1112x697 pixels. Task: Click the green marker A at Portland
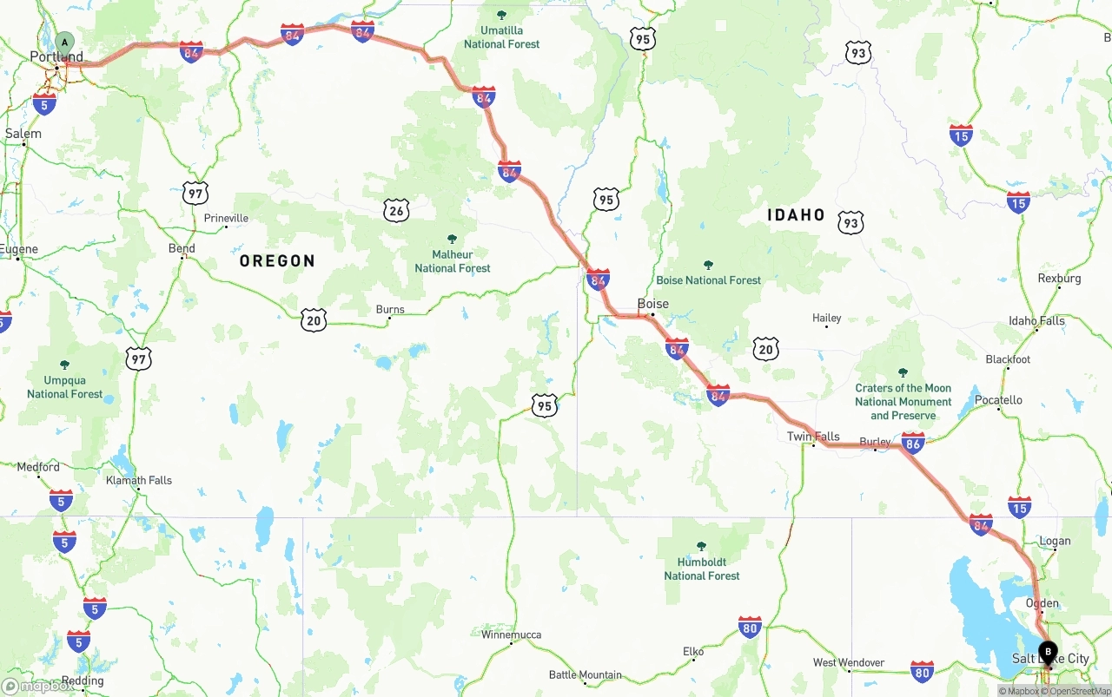(65, 42)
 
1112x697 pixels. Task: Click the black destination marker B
(1048, 651)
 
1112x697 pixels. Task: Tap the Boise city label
(653, 304)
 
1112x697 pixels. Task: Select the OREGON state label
(277, 260)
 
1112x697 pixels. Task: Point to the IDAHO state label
(796, 215)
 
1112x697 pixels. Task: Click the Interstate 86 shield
(913, 443)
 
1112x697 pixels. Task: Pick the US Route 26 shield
(396, 209)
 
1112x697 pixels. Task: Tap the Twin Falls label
(813, 437)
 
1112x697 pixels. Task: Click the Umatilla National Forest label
(501, 37)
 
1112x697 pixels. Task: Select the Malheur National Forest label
(452, 261)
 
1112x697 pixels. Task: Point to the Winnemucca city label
(511, 635)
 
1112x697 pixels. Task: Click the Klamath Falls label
(139, 480)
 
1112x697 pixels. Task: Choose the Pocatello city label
(998, 400)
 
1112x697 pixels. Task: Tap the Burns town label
(390, 310)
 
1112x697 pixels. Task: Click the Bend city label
(182, 249)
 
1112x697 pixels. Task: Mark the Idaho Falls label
(1036, 321)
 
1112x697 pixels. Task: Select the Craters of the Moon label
(903, 401)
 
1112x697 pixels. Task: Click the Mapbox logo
(38, 686)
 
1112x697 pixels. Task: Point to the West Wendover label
(848, 663)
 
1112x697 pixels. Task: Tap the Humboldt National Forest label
(702, 569)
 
